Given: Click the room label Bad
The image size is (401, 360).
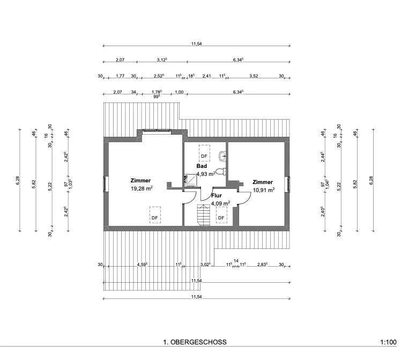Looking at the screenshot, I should click(x=202, y=166).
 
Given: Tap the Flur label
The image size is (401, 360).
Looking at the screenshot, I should click(x=217, y=196).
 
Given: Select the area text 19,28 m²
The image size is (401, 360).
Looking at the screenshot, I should click(x=142, y=189).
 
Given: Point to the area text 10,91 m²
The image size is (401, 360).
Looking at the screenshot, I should click(x=263, y=190).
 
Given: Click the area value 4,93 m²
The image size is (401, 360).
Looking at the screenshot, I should click(x=206, y=174).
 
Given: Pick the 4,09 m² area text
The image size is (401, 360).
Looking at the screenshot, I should click(x=220, y=203).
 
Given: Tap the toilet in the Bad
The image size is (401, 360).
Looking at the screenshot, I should click(x=225, y=171).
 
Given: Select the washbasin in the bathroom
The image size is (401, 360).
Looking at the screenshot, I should click(x=222, y=157).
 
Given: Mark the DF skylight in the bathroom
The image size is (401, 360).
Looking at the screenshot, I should click(x=204, y=153).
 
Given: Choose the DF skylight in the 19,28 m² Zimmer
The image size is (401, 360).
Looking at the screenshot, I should click(x=154, y=215).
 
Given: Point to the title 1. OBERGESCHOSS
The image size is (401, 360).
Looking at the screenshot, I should click(x=195, y=342).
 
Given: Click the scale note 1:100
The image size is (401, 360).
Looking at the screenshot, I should click(x=388, y=342).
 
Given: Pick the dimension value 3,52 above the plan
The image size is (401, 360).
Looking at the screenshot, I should click(x=254, y=77).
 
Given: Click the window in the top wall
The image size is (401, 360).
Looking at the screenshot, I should click(x=157, y=131).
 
